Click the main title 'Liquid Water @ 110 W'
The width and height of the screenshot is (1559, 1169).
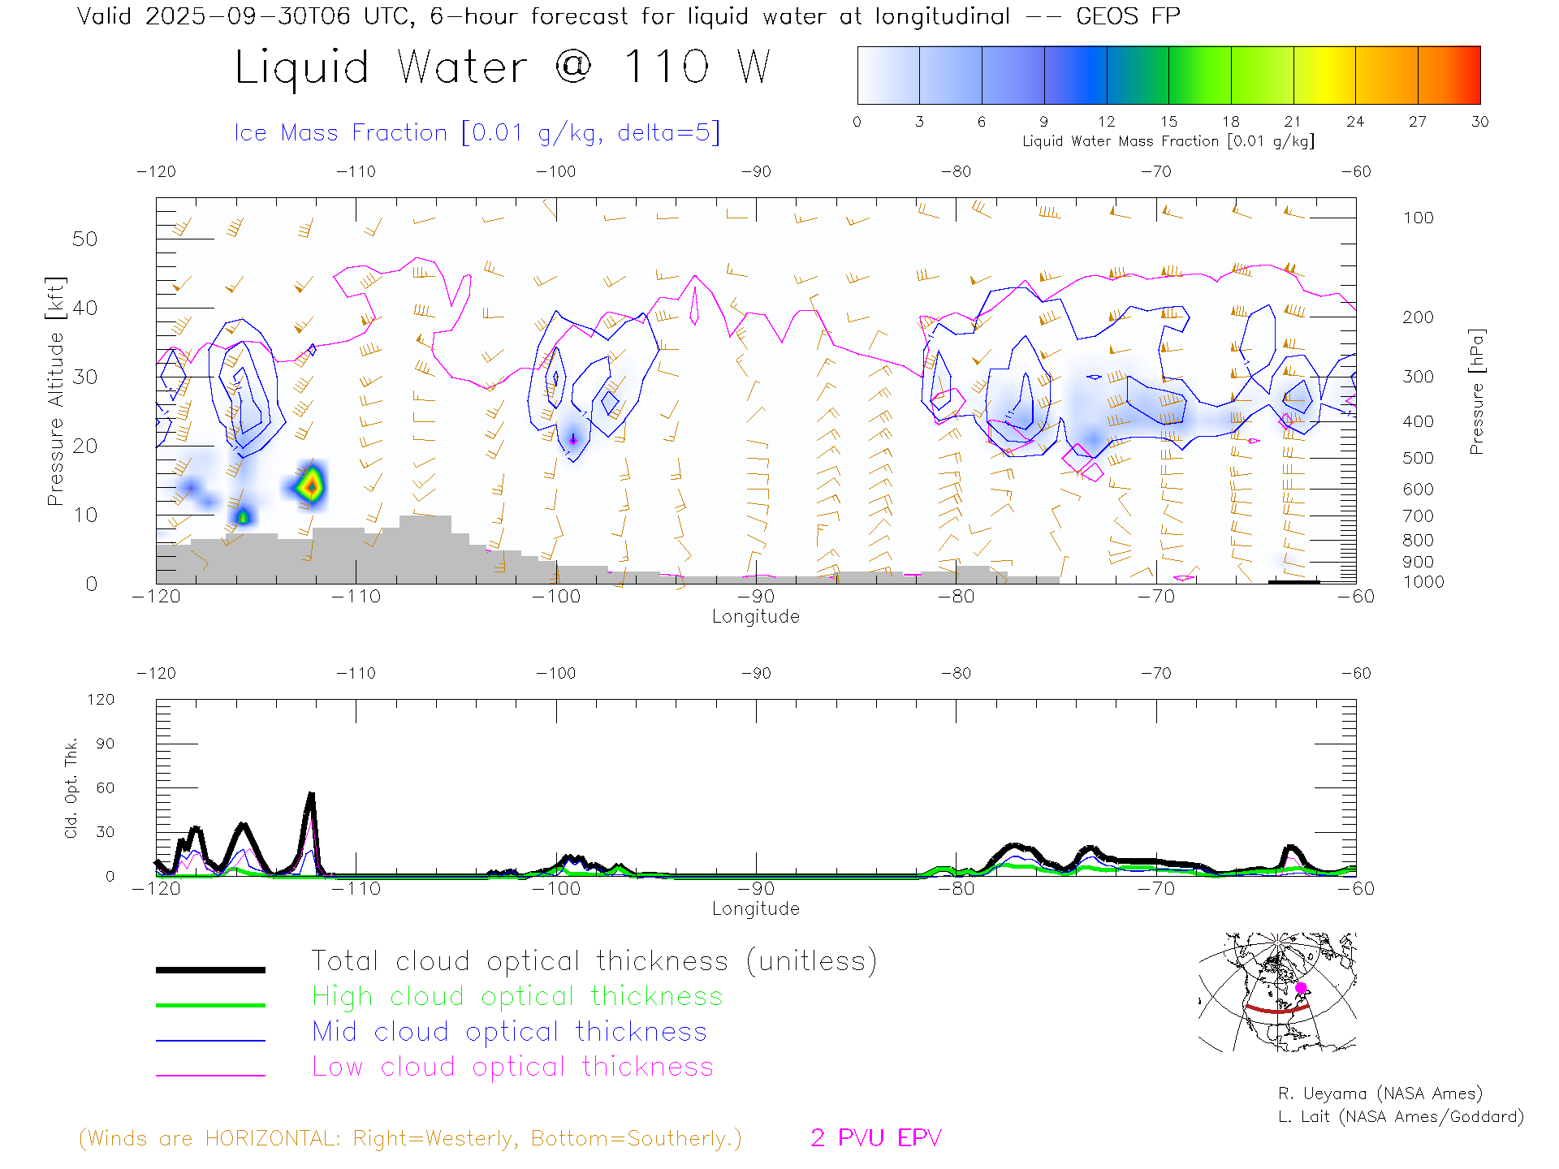point(502,67)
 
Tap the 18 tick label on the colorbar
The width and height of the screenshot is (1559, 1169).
point(1230,122)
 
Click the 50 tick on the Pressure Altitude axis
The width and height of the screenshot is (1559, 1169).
point(84,239)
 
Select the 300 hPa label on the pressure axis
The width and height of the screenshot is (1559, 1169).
point(1418,377)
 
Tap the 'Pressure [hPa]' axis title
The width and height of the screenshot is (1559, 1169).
point(1476,391)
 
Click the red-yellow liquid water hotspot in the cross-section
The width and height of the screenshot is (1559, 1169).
point(310,486)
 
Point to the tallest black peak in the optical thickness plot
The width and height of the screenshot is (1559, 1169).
point(311,796)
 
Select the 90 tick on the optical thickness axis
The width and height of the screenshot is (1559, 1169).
point(106,744)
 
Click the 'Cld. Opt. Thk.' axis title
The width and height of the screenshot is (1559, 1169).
point(71,787)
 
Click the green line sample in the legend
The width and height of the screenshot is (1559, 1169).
point(210,1005)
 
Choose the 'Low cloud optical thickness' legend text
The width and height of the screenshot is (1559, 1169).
point(512,1067)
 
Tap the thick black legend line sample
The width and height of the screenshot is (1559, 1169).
point(210,969)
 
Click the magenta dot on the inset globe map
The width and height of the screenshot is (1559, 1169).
point(1301,988)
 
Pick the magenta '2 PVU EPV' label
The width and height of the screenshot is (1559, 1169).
point(875,1138)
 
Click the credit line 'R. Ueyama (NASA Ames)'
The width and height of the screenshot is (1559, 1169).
point(1380,1094)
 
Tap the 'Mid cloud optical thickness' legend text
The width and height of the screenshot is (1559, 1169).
point(509,1032)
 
